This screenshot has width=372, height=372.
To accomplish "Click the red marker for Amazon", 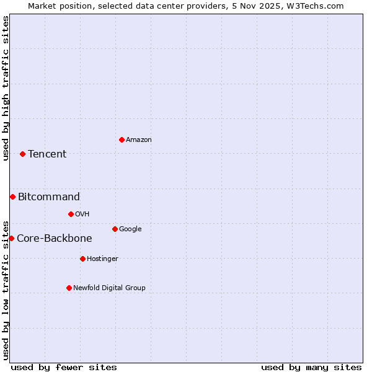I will pyautogui.click(x=122, y=139).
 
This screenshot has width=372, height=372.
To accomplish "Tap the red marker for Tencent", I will pyautogui.click(x=22, y=154).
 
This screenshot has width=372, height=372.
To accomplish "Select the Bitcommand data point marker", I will pyautogui.click(x=12, y=197).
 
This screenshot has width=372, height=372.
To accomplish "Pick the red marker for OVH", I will pyautogui.click(x=71, y=214).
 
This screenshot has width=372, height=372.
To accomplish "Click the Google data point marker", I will pyautogui.click(x=115, y=229).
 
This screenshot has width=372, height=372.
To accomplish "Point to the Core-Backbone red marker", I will pyautogui.click(x=11, y=238).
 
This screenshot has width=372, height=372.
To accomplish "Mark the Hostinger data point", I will pyautogui.click(x=82, y=259).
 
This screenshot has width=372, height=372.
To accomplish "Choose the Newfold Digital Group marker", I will pyautogui.click(x=69, y=288).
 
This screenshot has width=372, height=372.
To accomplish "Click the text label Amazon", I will pyautogui.click(x=139, y=139).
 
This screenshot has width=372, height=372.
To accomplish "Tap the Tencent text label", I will pyautogui.click(x=47, y=154).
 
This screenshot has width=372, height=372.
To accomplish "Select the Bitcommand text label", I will pyautogui.click(x=49, y=197).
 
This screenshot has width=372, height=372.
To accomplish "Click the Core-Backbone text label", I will pyautogui.click(x=55, y=238).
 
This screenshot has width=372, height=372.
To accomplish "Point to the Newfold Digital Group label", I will pyautogui.click(x=109, y=288).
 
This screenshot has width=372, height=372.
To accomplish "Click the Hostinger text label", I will pyautogui.click(x=102, y=259).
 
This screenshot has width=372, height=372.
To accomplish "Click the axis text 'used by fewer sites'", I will pyautogui.click(x=64, y=367).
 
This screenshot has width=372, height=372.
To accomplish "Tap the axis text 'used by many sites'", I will pyautogui.click(x=311, y=367).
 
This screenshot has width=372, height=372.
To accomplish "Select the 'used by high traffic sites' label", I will pyautogui.click(x=6, y=88).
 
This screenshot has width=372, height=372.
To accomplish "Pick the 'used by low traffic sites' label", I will pyautogui.click(x=6, y=290).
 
